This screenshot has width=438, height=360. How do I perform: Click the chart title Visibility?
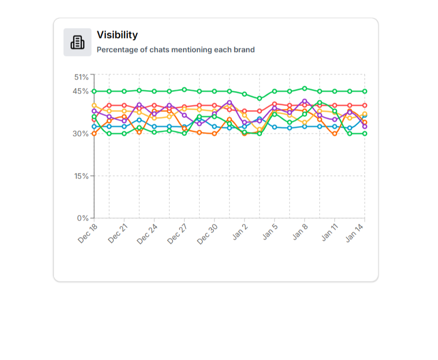(x=117, y=35)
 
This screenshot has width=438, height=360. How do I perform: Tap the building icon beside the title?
(x=77, y=42)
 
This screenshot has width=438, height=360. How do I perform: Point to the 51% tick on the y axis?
(x=81, y=77)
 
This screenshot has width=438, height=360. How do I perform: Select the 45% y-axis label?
(x=81, y=91)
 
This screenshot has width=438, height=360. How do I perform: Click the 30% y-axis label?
(x=81, y=133)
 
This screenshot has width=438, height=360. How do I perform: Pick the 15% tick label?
(x=81, y=176)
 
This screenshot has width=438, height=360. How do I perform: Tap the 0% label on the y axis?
(x=83, y=218)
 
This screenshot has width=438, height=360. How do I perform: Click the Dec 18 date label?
(x=88, y=233)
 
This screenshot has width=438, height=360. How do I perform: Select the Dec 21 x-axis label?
(x=118, y=233)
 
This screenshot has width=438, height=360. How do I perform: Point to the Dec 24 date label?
(x=148, y=233)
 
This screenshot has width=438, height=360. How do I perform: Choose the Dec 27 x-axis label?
(x=178, y=233)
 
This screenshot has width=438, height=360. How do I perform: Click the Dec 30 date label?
(x=208, y=233)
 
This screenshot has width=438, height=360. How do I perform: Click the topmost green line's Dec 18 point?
(x=94, y=91)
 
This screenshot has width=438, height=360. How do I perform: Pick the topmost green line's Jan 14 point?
(x=364, y=91)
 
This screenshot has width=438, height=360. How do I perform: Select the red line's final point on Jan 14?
(x=364, y=105)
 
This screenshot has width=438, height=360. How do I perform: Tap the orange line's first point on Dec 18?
(x=94, y=133)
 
